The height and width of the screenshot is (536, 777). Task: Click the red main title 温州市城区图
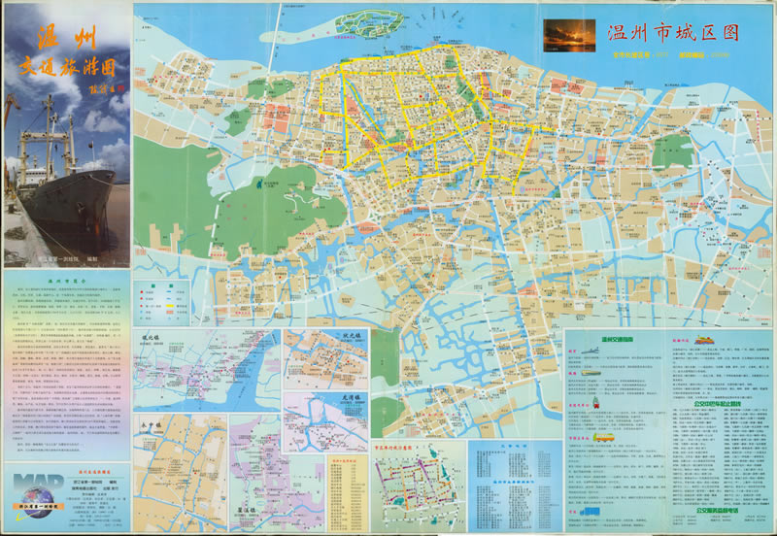[671, 31]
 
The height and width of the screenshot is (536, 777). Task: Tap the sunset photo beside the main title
[569, 34]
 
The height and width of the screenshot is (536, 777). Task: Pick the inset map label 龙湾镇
[351, 397]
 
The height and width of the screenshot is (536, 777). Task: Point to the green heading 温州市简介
[65, 279]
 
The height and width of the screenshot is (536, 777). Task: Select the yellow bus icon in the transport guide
[604, 439]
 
